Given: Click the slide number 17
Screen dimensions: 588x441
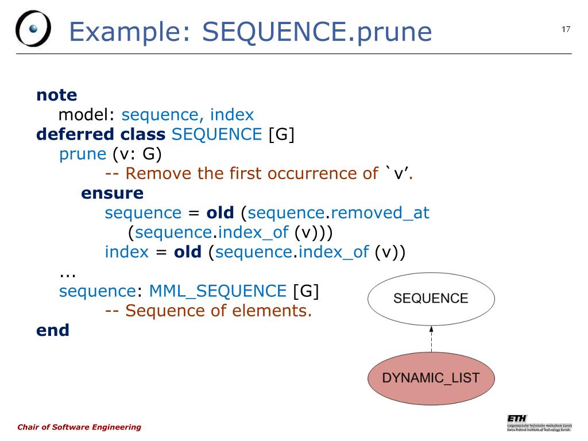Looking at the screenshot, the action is coord(566,29).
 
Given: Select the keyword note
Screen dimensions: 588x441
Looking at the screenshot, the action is coord(56,95).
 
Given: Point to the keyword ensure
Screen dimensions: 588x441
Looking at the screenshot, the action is coord(112,193).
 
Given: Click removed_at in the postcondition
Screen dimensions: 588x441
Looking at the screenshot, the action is coord(380,213).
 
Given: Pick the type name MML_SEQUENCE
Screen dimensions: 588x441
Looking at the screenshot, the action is coord(218,291).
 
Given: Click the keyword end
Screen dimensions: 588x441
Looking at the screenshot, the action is coord(52,330).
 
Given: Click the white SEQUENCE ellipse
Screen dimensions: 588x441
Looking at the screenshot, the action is coord(431,299).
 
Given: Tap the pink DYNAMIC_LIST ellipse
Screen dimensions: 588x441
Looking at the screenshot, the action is coord(431,378).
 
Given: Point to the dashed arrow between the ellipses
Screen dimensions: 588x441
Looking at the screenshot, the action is coord(431,338).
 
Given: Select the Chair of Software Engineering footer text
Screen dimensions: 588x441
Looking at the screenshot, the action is coord(79,427).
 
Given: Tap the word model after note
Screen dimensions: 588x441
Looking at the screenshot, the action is coord(87,115).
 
